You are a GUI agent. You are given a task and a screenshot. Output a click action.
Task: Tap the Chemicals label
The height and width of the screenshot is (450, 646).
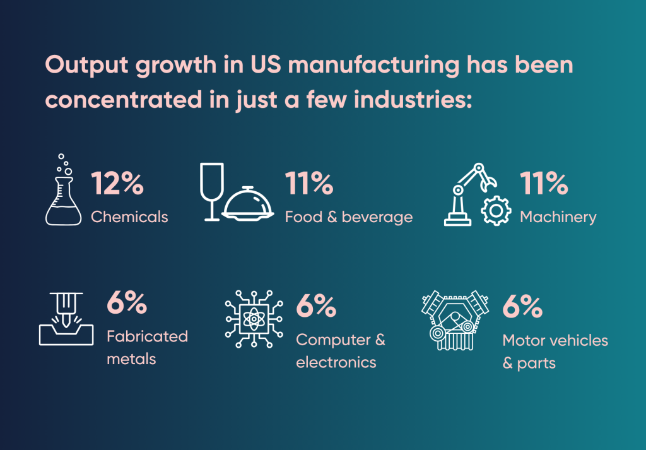[129, 217]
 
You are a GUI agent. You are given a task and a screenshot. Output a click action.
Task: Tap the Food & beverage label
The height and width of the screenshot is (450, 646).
[348, 217]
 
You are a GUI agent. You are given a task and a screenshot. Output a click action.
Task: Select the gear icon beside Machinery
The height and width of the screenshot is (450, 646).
[496, 211]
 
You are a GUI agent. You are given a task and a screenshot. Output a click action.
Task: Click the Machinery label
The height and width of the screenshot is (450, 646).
[558, 218]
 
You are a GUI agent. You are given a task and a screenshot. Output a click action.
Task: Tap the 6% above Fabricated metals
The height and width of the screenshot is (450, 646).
[126, 304]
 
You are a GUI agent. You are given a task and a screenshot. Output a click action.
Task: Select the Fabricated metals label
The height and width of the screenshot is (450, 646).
[147, 348]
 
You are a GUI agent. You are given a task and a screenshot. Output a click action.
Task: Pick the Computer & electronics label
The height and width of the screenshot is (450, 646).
[340, 351]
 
